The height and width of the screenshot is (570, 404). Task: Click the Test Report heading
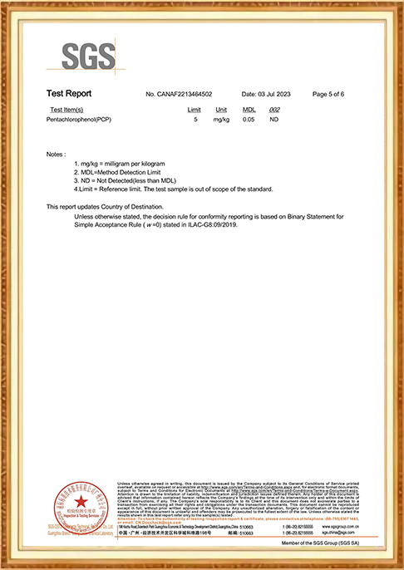tap(69, 93)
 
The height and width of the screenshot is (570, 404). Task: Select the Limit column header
tap(195, 110)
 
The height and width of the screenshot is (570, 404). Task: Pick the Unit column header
tap(221, 110)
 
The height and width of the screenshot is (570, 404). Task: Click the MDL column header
tap(249, 110)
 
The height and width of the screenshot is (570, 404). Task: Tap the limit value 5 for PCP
tap(195, 120)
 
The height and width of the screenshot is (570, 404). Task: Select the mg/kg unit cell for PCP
tap(221, 120)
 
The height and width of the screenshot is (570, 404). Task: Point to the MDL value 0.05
tap(249, 120)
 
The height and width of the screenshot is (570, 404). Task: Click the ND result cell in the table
tap(275, 120)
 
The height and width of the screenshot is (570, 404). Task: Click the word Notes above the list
tap(56, 155)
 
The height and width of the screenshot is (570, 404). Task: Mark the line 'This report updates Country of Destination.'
tap(105, 206)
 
